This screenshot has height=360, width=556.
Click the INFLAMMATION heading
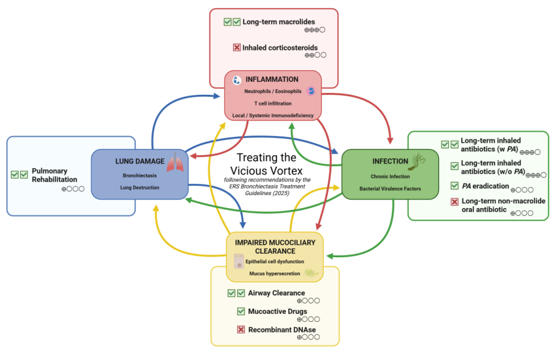(272, 79)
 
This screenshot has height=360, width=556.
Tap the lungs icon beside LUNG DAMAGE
(175, 163)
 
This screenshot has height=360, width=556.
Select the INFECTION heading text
(390, 161)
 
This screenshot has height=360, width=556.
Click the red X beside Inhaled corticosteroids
(236, 47)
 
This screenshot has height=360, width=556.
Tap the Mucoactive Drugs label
(277, 311)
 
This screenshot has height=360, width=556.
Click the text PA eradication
(485, 185)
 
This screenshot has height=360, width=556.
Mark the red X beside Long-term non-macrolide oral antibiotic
(454, 202)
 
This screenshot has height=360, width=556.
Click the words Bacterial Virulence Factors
(390, 189)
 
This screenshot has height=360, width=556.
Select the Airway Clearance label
(276, 293)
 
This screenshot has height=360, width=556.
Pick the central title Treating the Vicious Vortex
(267, 164)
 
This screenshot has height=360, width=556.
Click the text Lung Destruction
(140, 186)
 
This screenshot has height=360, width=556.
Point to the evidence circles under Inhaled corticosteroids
(315, 55)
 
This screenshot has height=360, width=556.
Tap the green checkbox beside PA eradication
(454, 185)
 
